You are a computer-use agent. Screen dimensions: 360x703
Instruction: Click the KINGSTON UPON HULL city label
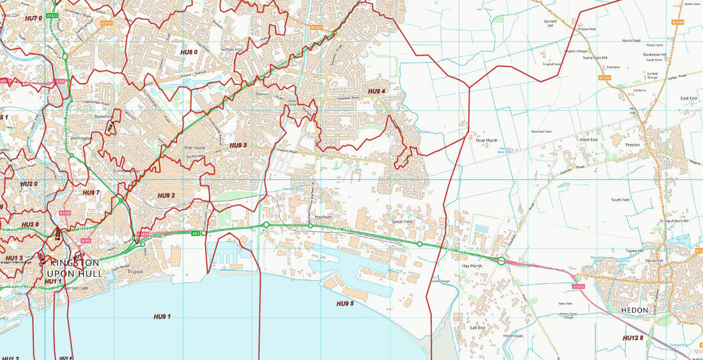tap(74, 268)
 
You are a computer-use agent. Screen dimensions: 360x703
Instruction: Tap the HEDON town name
tap(634, 310)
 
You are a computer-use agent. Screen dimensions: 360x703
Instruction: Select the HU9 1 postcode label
tap(162, 317)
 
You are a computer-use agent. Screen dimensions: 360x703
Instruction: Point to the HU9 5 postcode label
tap(345, 304)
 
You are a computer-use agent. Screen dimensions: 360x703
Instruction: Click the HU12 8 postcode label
tap(633, 338)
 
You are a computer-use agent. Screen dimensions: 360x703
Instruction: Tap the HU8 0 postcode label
tap(189, 52)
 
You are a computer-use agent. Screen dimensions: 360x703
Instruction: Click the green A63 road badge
tap(196, 233)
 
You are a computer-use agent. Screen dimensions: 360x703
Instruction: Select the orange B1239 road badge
tap(605, 78)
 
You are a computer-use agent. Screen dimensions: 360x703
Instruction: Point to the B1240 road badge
tap(678, 22)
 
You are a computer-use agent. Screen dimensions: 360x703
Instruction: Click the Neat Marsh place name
tap(486, 140)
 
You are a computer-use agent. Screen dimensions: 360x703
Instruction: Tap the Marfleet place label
tap(322, 217)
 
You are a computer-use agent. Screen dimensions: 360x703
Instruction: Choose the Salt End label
tap(477, 327)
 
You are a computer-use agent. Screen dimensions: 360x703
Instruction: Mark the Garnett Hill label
tap(550, 24)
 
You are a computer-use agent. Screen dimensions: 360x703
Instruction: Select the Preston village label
tap(633, 145)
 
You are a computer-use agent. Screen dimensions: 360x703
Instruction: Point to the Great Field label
tap(403, 222)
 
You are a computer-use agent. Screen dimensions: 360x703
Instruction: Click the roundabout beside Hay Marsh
tap(502, 260)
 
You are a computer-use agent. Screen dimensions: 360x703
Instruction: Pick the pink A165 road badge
tap(86, 241)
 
